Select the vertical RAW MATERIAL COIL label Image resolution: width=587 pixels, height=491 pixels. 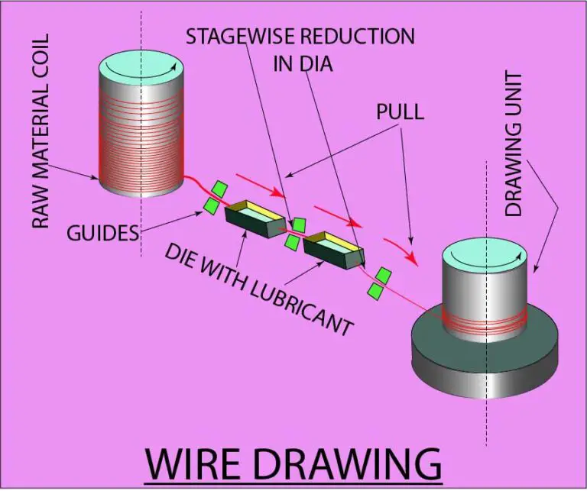click(40, 130)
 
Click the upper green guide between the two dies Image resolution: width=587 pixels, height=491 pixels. click(299, 224)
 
